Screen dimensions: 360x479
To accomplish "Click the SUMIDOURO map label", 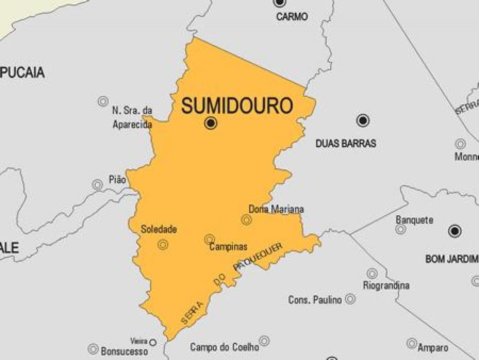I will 237,106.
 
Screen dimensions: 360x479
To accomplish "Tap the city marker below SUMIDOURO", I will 210,123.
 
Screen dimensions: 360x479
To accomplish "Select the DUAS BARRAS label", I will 346,143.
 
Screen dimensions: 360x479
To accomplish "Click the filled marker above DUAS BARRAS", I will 362,120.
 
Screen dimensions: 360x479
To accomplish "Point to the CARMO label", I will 292,17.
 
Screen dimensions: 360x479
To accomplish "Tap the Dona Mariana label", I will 276,209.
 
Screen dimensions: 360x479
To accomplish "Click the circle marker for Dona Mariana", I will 246,219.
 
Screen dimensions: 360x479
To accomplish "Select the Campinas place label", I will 228,247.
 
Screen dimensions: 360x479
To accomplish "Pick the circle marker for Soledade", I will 162,244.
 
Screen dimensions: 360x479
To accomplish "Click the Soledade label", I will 158,229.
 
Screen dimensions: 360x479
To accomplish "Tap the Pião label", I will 117,180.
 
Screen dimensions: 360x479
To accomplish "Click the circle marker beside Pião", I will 97,185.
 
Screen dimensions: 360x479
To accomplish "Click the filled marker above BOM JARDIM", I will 455,231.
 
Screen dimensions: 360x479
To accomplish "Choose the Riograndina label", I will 386,285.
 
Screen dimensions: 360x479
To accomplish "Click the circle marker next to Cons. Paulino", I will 350,298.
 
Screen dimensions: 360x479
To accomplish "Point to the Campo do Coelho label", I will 224,347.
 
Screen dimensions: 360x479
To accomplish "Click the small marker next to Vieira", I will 152,342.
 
